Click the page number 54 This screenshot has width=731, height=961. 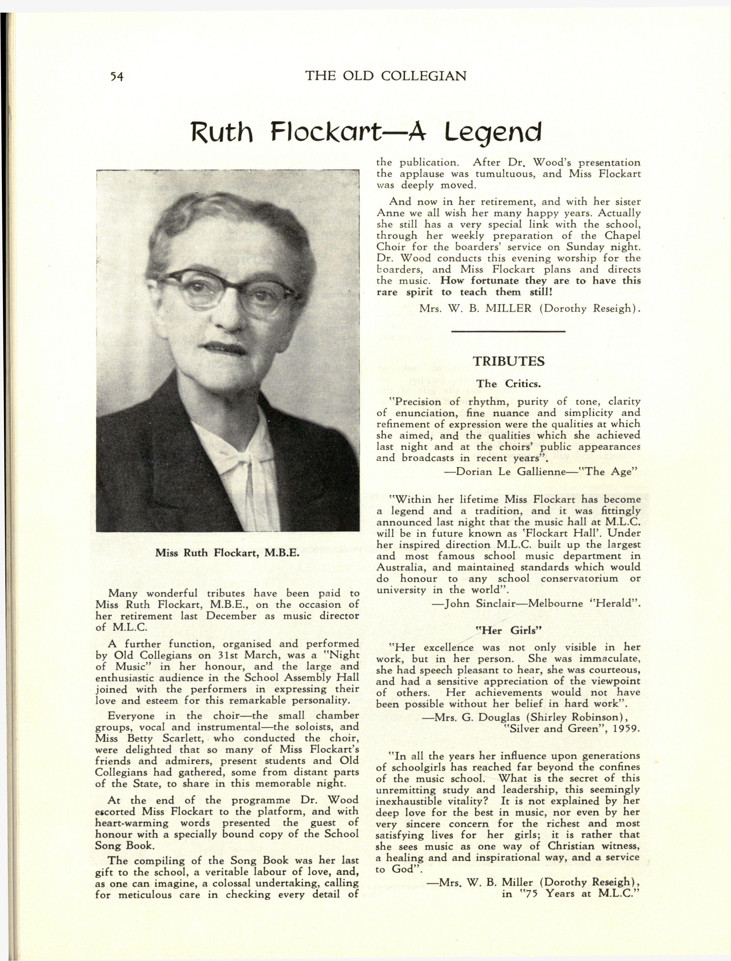(117, 77)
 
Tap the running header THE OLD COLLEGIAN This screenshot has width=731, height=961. (386, 76)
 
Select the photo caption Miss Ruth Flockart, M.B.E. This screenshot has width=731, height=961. (227, 553)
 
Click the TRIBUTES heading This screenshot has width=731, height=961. (508, 361)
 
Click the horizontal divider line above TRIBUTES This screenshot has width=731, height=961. (508, 332)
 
